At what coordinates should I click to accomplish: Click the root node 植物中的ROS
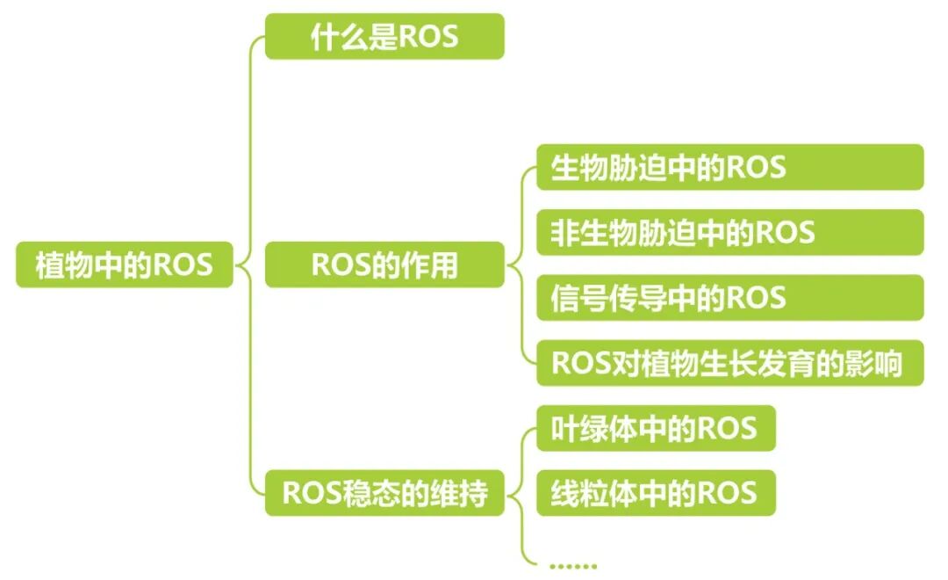tap(124, 265)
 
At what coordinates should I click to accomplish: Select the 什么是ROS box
tap(384, 36)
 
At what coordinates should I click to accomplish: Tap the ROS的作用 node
tap(384, 265)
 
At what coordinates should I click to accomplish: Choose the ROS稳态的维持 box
tap(384, 493)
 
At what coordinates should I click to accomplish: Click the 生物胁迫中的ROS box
tap(729, 167)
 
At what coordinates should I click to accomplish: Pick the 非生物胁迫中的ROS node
tap(729, 232)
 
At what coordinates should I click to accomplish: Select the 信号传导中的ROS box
tap(729, 297)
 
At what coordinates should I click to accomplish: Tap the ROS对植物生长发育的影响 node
tap(729, 363)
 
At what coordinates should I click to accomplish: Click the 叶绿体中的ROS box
tap(656, 428)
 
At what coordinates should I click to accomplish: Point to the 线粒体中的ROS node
tap(656, 493)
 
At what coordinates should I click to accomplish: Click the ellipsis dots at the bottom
tap(571, 566)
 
